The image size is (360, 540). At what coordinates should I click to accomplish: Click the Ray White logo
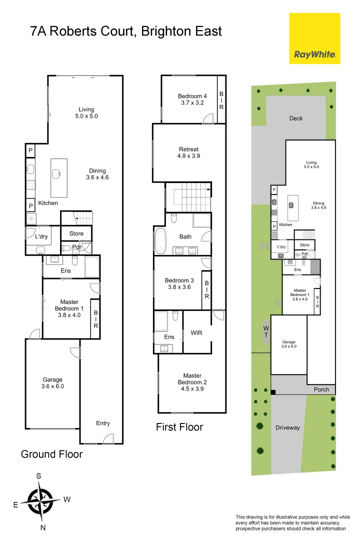coord(314,38)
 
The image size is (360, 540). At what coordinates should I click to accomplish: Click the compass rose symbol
coord(40,501)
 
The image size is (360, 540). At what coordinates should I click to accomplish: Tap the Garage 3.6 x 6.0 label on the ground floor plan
coord(52,383)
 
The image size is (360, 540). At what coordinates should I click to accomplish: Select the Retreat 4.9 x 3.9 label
coord(189,152)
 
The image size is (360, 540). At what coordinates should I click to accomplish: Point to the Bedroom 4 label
coord(192,99)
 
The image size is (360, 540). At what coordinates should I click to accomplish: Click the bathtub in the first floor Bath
coord(160,241)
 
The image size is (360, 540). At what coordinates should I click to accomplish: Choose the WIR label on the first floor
coord(196,333)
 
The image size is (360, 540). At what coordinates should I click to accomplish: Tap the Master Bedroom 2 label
coord(192,379)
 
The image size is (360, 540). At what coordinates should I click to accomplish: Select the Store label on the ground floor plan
coord(76,233)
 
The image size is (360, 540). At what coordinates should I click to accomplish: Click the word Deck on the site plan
coord(296,118)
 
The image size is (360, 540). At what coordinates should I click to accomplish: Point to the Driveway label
coord(287,427)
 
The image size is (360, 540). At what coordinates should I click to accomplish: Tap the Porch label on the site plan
coord(321,389)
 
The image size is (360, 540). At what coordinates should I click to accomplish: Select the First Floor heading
coord(179,427)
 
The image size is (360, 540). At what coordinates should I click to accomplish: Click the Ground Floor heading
coord(51,454)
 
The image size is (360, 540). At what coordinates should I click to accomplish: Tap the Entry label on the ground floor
coord(103,423)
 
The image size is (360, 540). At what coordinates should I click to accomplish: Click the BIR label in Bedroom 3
coord(206,289)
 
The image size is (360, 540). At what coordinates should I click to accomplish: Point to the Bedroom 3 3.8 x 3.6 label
coord(177,284)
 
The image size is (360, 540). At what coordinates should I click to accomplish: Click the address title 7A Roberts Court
coord(126,32)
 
